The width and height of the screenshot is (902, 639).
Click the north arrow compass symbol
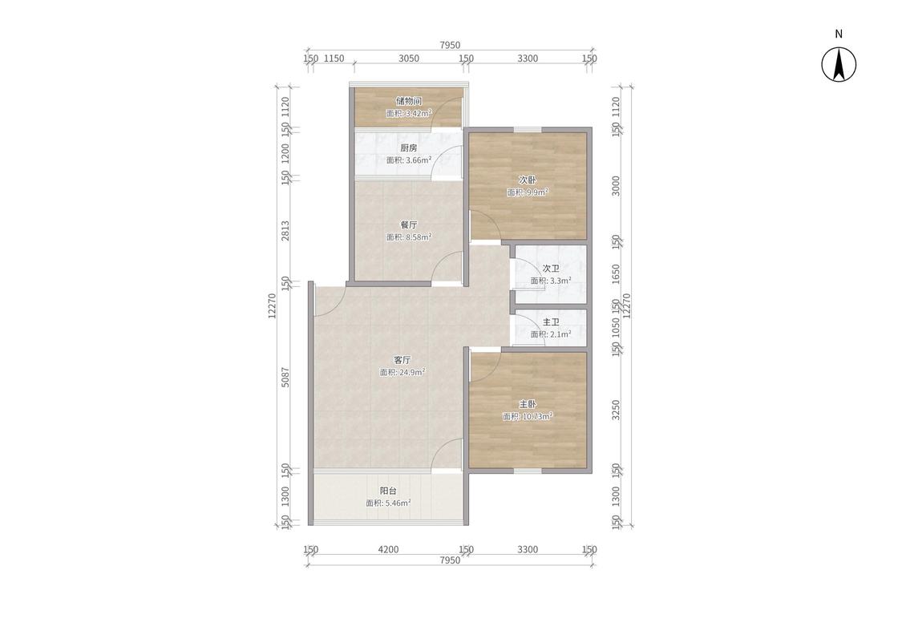coord(838,64)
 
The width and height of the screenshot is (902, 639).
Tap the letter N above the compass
coord(839,34)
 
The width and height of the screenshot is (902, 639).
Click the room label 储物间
coord(408,101)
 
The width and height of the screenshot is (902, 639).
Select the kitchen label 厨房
coord(408,148)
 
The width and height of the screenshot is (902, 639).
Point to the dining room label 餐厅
coord(408,224)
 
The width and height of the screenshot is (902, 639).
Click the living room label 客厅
coord(402,360)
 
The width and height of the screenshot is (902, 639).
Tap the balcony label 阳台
coord(388,491)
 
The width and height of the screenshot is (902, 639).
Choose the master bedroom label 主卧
coord(528,404)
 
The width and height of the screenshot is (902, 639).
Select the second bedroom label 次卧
coord(528,180)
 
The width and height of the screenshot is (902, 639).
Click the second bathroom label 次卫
coord(551,269)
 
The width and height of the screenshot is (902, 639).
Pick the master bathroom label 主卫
coord(551,322)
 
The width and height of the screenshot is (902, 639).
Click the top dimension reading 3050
coord(408,58)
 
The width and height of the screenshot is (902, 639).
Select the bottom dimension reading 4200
coord(388,549)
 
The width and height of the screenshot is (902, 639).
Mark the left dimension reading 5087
coord(285,377)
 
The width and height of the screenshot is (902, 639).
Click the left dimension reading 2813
coord(285,230)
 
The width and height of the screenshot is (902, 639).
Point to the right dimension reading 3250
coord(616,410)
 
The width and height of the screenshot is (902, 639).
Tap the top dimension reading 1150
coord(334,58)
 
